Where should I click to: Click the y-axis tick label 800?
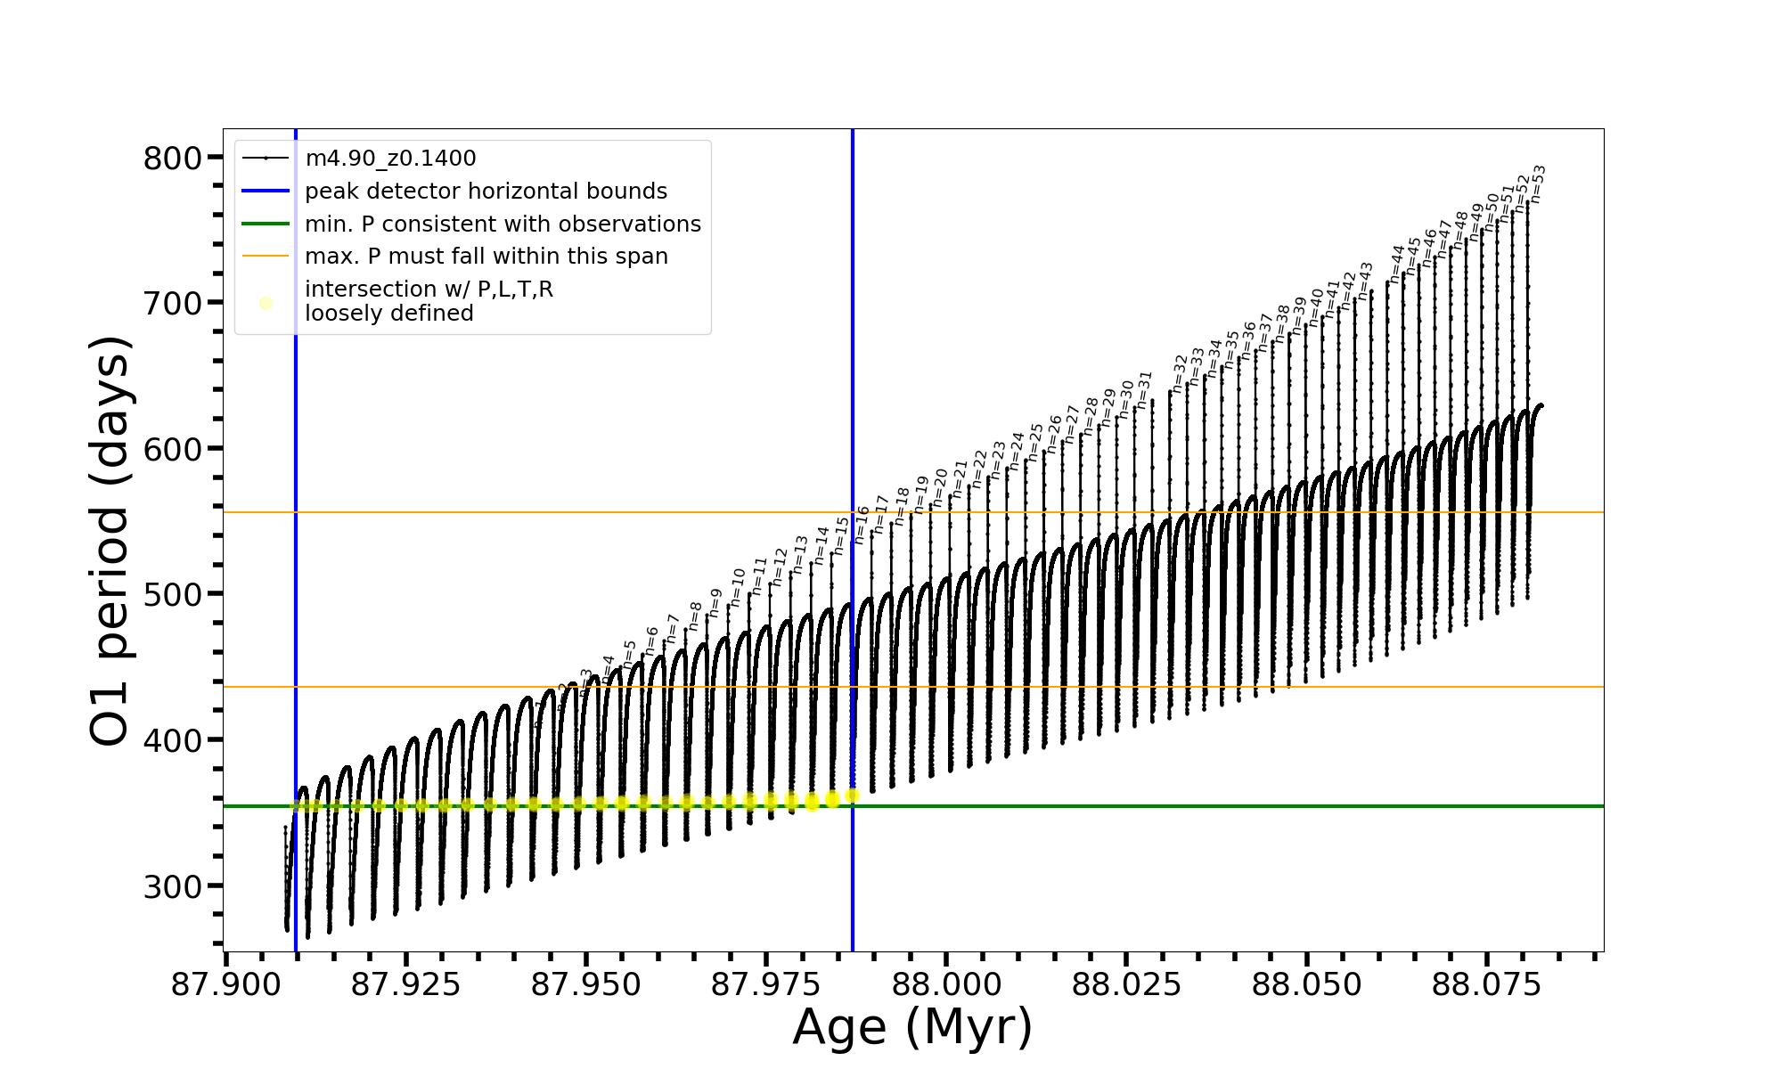[173, 159]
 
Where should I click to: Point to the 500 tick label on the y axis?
[173, 594]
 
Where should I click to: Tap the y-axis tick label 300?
[173, 885]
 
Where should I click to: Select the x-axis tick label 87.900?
[226, 984]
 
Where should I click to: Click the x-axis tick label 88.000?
[946, 984]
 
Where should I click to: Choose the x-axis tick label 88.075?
[1486, 984]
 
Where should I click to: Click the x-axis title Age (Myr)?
[912, 1027]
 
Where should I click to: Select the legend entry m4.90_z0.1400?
[390, 159]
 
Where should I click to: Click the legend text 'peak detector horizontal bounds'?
[486, 192]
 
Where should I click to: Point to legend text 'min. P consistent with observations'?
[503, 224]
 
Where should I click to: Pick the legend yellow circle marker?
[266, 303]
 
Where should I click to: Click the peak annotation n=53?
[1537, 184]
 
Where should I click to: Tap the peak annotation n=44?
[1396, 264]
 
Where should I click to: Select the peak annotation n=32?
[1180, 373]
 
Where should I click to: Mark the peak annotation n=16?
[861, 525]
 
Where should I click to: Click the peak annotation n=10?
[737, 587]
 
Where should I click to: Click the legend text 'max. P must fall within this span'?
[486, 257]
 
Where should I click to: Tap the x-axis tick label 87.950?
[586, 984]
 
